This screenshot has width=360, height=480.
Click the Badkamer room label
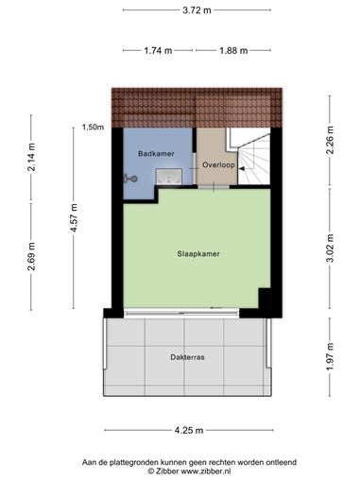pyautogui.click(x=156, y=154)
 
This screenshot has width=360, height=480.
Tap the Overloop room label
pyautogui.click(x=218, y=164)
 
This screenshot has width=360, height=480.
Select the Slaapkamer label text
pyautogui.click(x=198, y=254)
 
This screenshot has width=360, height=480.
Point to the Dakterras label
pyautogui.click(x=187, y=357)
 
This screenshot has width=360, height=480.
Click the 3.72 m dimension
pyautogui.click(x=197, y=10)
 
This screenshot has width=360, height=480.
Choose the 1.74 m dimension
pyautogui.click(x=158, y=50)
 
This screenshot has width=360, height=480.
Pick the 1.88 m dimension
pyautogui.click(x=233, y=50)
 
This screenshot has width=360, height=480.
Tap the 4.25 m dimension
pyautogui.click(x=189, y=430)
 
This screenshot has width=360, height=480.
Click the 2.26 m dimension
pyautogui.click(x=330, y=140)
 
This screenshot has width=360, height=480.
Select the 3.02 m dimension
pyautogui.click(x=330, y=249)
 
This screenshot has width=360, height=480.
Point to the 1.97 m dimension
pyautogui.click(x=330, y=357)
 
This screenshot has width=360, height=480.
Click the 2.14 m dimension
pyautogui.click(x=31, y=157)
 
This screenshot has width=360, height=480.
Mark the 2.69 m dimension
pyautogui.click(x=31, y=257)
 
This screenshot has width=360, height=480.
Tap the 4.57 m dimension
pyautogui.click(x=74, y=217)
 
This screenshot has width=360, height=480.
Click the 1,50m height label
pyautogui.click(x=93, y=128)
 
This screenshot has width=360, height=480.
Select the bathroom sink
pyautogui.click(x=169, y=177)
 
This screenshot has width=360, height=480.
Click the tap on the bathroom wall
pyautogui.click(x=130, y=179)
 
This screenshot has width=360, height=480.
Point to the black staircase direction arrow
pyautogui.click(x=242, y=169)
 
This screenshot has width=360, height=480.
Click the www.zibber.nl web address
pyautogui.click(x=206, y=471)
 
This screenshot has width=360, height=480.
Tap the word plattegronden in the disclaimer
pyautogui.click(x=134, y=463)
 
